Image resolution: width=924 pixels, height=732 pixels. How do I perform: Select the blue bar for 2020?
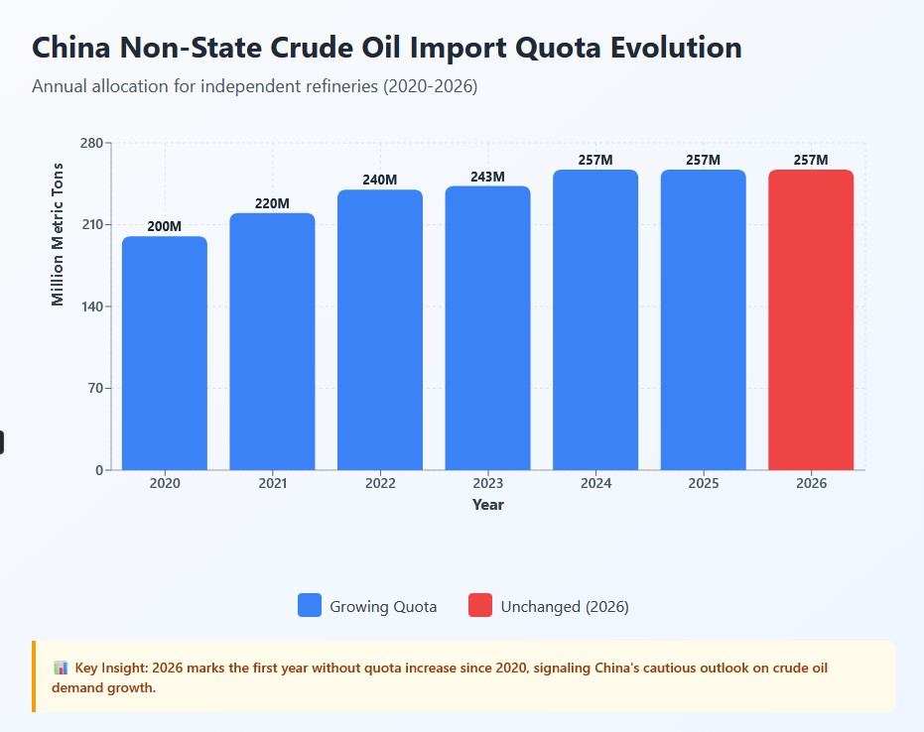point(165,353)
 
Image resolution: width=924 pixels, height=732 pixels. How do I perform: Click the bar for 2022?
point(380,329)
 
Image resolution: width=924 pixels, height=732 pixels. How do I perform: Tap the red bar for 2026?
point(811,319)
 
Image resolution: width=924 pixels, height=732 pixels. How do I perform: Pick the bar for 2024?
point(595,319)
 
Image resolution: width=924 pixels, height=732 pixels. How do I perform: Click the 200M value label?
point(165,227)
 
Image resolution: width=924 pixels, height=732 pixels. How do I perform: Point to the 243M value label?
point(487,178)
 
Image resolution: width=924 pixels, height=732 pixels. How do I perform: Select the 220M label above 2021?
point(272,204)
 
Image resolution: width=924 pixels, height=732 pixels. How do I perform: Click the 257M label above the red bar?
point(811,161)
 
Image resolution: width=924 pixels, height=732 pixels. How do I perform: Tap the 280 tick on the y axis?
point(90,143)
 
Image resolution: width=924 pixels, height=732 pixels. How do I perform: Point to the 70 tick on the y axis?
point(94,389)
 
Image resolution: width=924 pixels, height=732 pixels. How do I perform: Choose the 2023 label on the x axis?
point(487,484)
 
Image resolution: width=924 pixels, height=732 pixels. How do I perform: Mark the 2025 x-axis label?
point(703,484)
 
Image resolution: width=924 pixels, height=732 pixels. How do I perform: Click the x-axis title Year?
point(487,505)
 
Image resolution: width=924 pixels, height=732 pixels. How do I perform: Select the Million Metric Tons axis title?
point(58,234)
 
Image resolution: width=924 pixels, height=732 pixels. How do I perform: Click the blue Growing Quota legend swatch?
point(310,606)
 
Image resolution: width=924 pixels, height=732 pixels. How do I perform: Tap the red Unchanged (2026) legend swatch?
point(480,606)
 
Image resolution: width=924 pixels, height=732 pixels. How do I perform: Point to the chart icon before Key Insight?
point(61,669)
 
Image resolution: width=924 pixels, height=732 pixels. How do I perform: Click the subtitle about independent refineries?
point(255,86)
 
